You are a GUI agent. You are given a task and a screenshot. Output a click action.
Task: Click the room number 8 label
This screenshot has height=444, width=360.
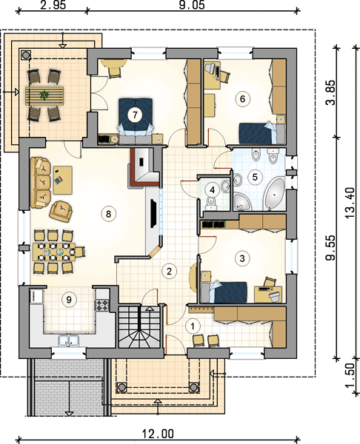tap(108, 214)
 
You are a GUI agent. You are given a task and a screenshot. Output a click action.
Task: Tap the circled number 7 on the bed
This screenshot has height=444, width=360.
tap(135, 115)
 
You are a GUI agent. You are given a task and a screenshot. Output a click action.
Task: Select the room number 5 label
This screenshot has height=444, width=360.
tap(255, 178)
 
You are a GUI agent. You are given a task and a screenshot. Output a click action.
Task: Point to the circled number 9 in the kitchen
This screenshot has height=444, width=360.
tap(69, 299)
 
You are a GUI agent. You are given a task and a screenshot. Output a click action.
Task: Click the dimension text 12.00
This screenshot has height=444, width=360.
tap(158, 434)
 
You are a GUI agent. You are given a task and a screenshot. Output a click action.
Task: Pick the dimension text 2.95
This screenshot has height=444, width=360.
tap(53, 5)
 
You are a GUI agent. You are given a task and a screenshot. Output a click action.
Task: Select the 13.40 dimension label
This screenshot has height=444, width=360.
tap(350, 202)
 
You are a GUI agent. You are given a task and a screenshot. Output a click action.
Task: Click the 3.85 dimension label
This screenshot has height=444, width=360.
tap(330, 92)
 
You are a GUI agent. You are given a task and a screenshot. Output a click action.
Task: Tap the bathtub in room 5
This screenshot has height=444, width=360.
tap(274, 195)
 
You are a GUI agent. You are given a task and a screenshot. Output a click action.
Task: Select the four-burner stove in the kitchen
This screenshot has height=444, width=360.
tap(101, 305)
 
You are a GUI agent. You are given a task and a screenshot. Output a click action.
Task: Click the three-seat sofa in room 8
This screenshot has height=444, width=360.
tap(41, 183)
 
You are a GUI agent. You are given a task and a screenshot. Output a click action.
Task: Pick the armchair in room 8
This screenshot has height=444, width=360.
tap(61, 211)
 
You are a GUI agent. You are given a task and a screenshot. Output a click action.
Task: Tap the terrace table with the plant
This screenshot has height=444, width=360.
tap(44, 96)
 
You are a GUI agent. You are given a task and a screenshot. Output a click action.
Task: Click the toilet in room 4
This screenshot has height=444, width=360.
tap(210, 203)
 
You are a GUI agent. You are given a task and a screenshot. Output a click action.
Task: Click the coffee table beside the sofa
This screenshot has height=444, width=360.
tap(63, 180)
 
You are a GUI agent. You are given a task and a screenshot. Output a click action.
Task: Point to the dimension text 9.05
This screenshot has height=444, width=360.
tap(192, 5)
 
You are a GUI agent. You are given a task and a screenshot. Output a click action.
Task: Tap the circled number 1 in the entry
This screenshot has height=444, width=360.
tap(193, 326)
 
